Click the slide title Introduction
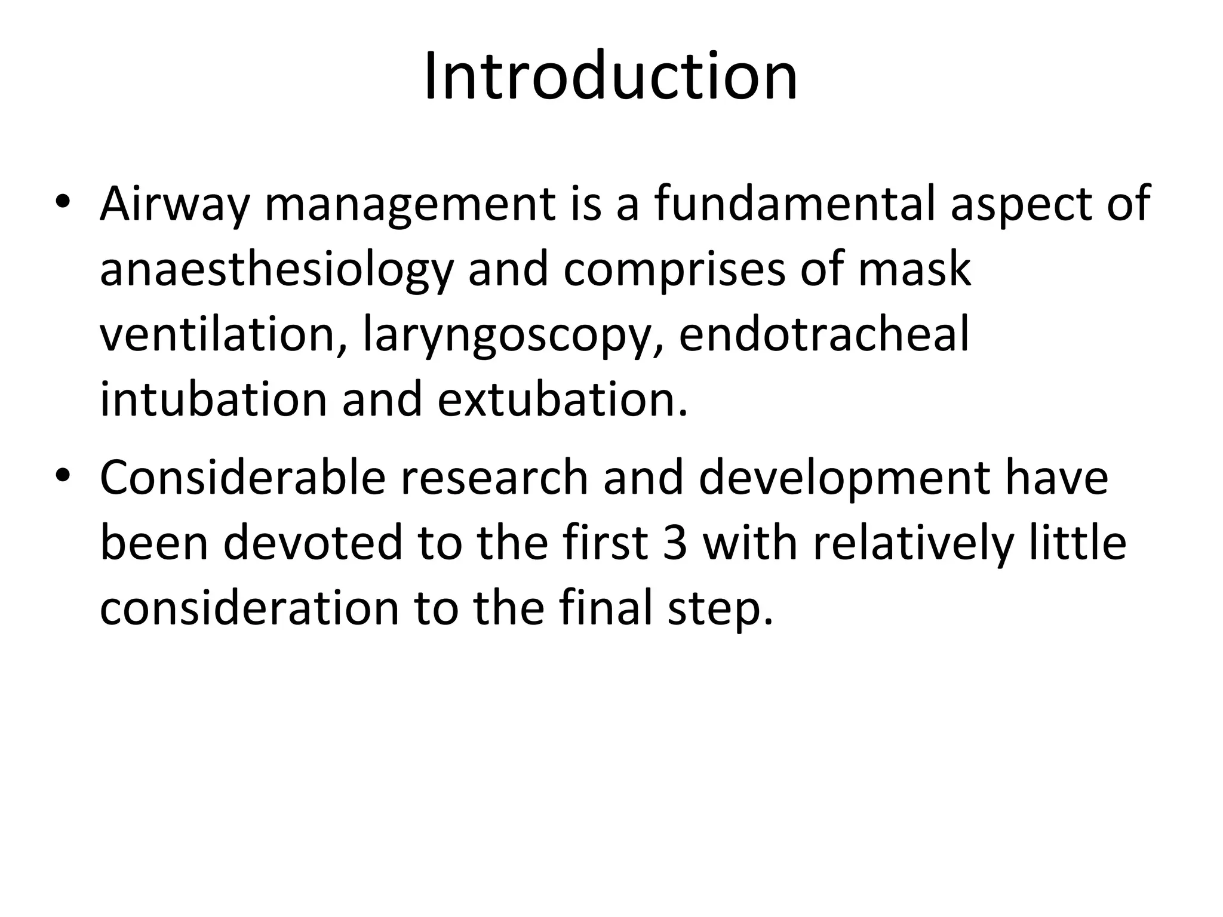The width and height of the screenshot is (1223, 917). click(x=610, y=77)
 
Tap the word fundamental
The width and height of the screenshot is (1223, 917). click(x=794, y=204)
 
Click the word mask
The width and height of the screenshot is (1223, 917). click(x=914, y=270)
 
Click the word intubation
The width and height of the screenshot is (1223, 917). click(x=213, y=399)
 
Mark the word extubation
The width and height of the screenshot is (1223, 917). click(x=562, y=399)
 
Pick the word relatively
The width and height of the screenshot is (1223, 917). click(x=914, y=544)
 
